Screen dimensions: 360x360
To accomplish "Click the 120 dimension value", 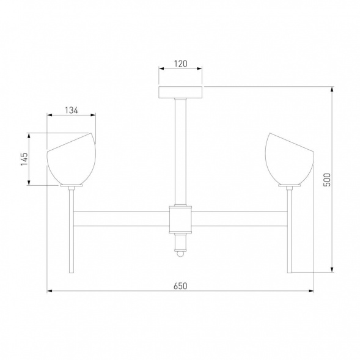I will pos(180,62).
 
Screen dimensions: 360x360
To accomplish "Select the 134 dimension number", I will pos(72,110).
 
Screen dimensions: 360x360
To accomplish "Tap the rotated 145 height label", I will pos(24,159).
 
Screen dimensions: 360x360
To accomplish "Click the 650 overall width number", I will pos(180,285).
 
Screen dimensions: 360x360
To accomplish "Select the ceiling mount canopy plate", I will pos(181,92).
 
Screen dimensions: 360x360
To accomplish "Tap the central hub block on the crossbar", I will pos(181,218).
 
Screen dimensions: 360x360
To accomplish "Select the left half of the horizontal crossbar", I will pos(121,218).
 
